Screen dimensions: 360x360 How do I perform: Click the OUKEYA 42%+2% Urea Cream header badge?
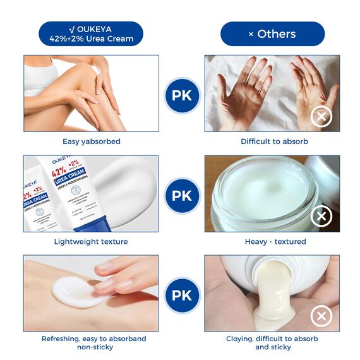point(91,33)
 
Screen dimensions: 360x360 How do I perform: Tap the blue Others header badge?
point(272,33)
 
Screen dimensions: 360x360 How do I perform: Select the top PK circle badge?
point(182,96)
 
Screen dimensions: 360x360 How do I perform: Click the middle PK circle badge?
point(182,195)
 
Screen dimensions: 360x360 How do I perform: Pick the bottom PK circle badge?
point(182,295)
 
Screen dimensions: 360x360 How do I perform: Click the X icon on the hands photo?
point(321,116)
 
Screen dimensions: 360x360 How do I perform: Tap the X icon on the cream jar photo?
point(321,217)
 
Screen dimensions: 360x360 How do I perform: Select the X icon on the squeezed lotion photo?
point(321,316)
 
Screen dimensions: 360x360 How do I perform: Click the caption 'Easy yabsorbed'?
point(92,141)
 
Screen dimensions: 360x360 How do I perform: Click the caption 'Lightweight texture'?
point(91,241)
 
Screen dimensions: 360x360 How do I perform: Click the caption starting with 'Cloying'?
point(273,343)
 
